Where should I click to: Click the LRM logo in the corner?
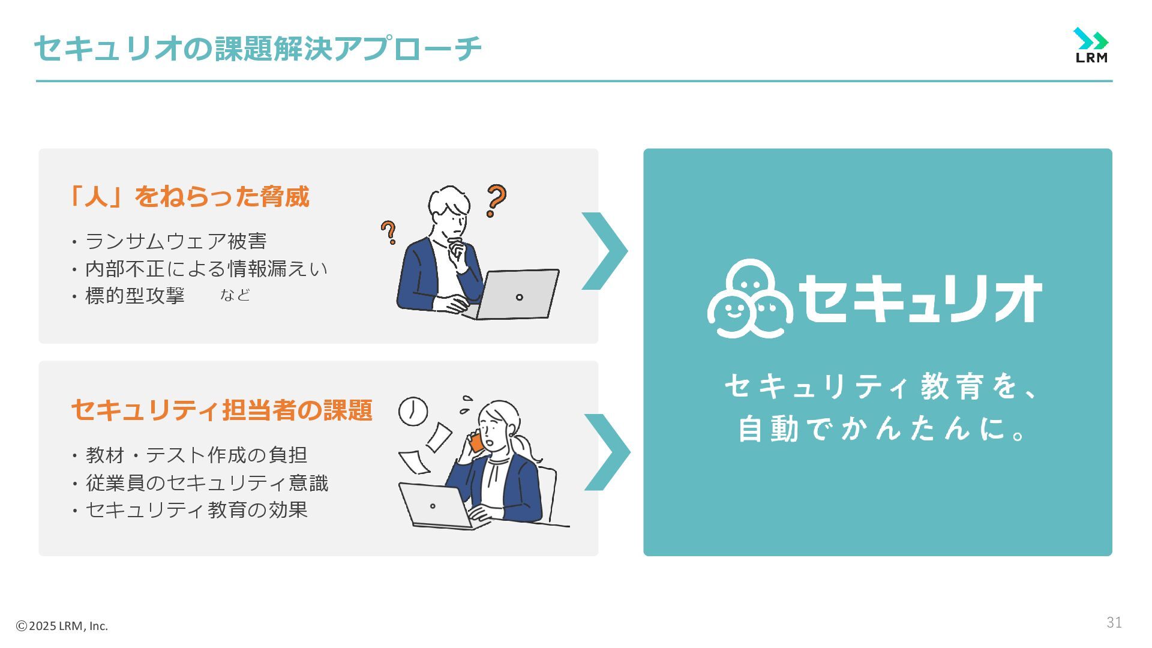click(1091, 46)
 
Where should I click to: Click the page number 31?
click(1114, 623)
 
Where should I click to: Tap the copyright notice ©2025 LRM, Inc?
click(62, 626)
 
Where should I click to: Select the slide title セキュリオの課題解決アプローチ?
click(257, 49)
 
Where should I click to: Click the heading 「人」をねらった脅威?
click(190, 197)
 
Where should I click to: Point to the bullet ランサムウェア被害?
click(176, 241)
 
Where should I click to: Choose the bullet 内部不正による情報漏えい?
click(206, 268)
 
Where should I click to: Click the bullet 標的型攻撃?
click(135, 295)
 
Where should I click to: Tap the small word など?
click(235, 295)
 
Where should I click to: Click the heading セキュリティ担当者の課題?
click(222, 410)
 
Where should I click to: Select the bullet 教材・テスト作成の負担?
click(196, 455)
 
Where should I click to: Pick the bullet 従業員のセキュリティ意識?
click(207, 482)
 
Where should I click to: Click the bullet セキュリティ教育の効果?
click(197, 509)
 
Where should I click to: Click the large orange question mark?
click(496, 200)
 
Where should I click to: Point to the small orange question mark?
click(389, 232)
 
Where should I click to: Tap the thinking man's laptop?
click(518, 294)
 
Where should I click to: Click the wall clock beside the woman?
click(413, 412)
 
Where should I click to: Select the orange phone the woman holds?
click(476, 443)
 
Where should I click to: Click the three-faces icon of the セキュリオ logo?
click(750, 298)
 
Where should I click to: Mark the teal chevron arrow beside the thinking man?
click(605, 251)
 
